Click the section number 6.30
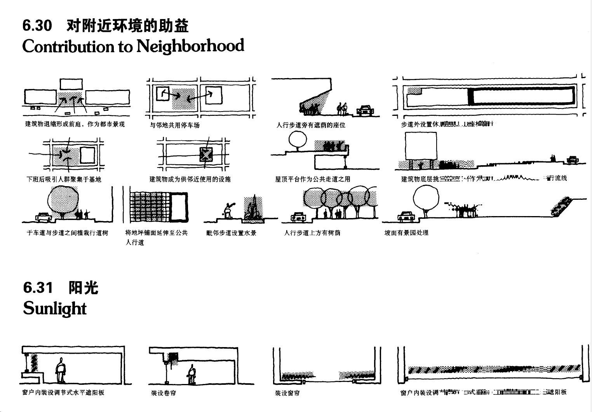[37, 26]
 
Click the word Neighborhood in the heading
[190, 46]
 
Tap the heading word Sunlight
[55, 309]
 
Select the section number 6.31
[38, 288]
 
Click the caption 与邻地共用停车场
[175, 125]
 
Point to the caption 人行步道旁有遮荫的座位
[311, 125]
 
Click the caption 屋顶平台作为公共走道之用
[313, 179]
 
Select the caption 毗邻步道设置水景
[231, 233]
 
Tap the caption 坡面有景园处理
[406, 232]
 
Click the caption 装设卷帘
[164, 393]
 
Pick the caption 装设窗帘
[287, 393]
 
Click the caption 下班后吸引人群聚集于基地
[64, 179]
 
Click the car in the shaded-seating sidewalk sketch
[365, 111]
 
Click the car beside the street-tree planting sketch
[44, 217]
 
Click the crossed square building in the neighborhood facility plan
[205, 155]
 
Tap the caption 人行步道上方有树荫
[312, 233]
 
